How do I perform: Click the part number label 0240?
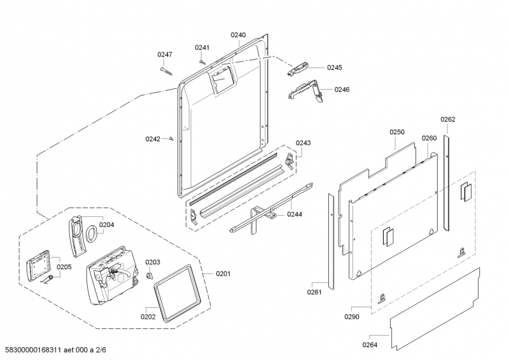coord(238,35)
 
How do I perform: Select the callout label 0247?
coord(165,55)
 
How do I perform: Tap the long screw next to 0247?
coord(169,69)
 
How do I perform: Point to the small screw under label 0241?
coord(202,62)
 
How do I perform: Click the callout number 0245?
coord(334,67)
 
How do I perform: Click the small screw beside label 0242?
coord(172,138)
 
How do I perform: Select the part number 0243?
coord(303,143)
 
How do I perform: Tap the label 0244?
coord(294,214)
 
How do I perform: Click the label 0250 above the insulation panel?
coord(397,132)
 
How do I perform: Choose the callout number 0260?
coord(429,138)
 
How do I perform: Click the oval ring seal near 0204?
coord(91,232)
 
